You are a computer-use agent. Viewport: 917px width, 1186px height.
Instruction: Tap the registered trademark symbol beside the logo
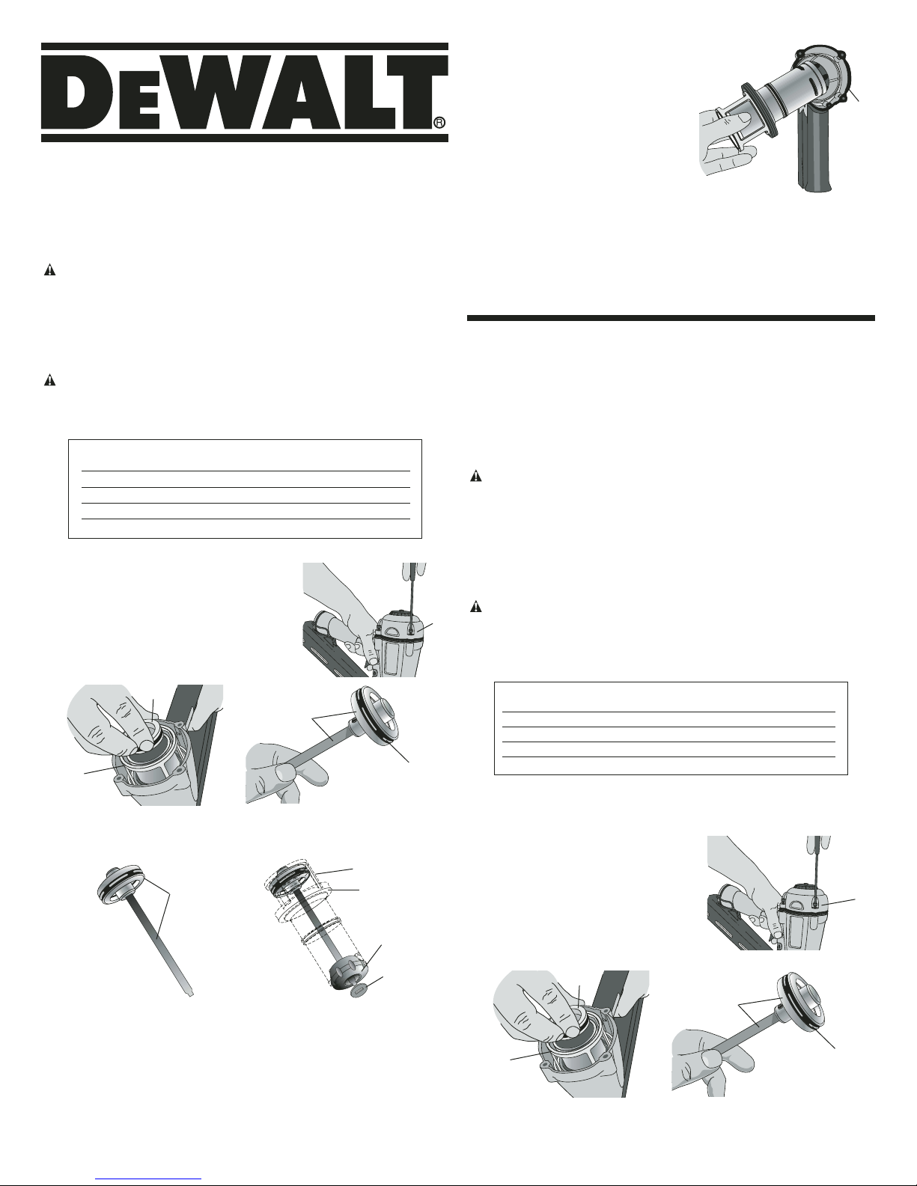(x=440, y=123)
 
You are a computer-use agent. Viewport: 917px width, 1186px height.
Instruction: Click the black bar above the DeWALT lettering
(x=244, y=47)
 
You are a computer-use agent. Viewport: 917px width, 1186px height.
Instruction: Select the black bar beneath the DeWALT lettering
(x=244, y=138)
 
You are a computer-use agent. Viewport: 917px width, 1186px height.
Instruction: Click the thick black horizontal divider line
(x=671, y=318)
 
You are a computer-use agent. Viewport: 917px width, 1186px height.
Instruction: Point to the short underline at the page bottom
(x=150, y=1179)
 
